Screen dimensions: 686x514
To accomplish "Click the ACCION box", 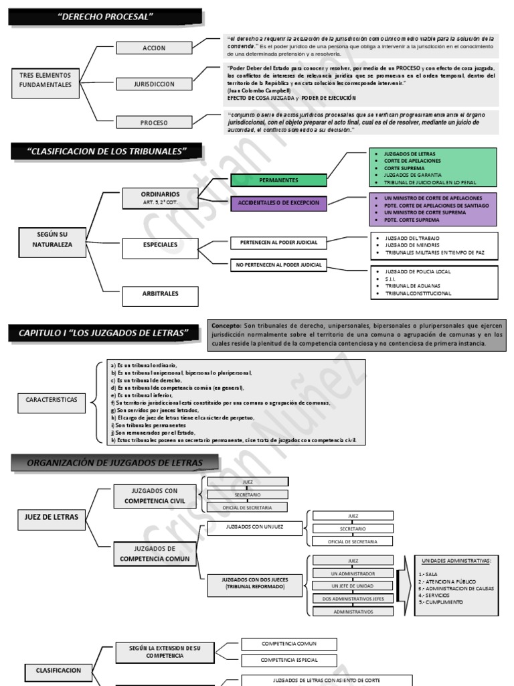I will tap(154, 48).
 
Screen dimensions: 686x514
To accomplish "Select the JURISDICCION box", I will tap(154, 84).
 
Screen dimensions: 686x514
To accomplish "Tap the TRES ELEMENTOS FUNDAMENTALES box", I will tap(46, 80).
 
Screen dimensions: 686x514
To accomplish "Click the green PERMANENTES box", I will tap(278, 180).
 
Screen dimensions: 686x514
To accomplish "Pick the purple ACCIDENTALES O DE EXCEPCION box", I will tap(278, 202).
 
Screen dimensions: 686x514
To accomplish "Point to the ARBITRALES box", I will tap(160, 293).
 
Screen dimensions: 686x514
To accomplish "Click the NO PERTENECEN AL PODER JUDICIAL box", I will tap(278, 265).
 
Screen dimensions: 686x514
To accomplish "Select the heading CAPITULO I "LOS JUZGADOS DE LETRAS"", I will tap(104, 333).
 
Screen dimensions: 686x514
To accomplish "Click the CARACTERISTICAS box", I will tap(52, 400).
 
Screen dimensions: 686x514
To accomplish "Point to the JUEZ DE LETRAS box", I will tap(52, 517).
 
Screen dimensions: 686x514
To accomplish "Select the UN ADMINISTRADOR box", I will tap(353, 573).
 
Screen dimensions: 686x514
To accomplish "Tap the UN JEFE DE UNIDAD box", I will tap(353, 586).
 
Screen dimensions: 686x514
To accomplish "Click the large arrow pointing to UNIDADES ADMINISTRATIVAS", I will tap(404, 586).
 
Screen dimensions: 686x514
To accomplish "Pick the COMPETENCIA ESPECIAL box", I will tap(289, 660).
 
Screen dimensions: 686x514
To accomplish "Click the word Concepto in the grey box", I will tap(227, 325).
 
